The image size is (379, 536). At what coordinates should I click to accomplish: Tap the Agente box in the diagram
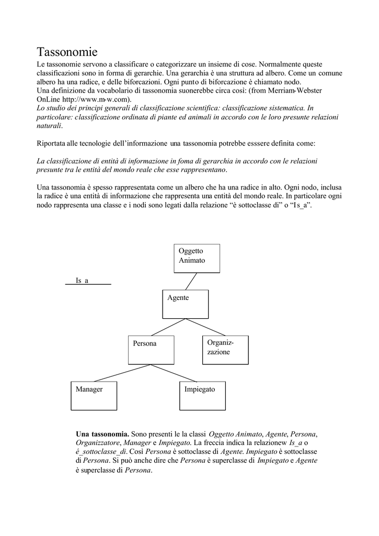(185, 304)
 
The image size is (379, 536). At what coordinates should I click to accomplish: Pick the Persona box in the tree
(151, 350)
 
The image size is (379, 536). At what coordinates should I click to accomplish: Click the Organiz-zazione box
(225, 350)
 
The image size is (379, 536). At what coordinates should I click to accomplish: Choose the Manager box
(94, 396)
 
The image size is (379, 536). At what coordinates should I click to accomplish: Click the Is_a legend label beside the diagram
(83, 281)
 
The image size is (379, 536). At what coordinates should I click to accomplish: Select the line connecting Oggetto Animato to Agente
(191, 281)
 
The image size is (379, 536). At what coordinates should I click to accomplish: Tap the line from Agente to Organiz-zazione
(205, 327)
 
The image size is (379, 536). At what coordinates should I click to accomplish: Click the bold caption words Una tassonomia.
(102, 434)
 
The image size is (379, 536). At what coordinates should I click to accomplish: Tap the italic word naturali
(49, 126)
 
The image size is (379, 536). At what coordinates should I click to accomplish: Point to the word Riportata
(53, 143)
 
